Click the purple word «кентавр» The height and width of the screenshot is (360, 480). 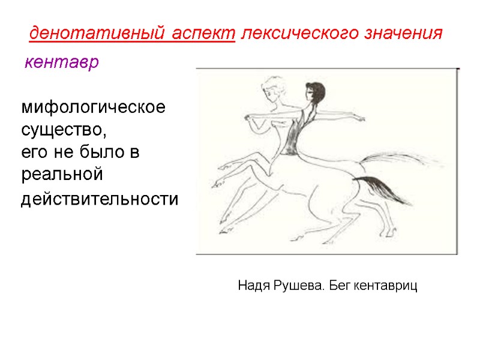coord(61,62)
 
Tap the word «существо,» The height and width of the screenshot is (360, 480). coord(66,129)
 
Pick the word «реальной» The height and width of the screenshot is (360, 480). coord(62,175)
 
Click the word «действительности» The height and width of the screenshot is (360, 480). coord(100,199)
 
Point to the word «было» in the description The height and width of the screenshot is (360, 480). coord(98,152)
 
